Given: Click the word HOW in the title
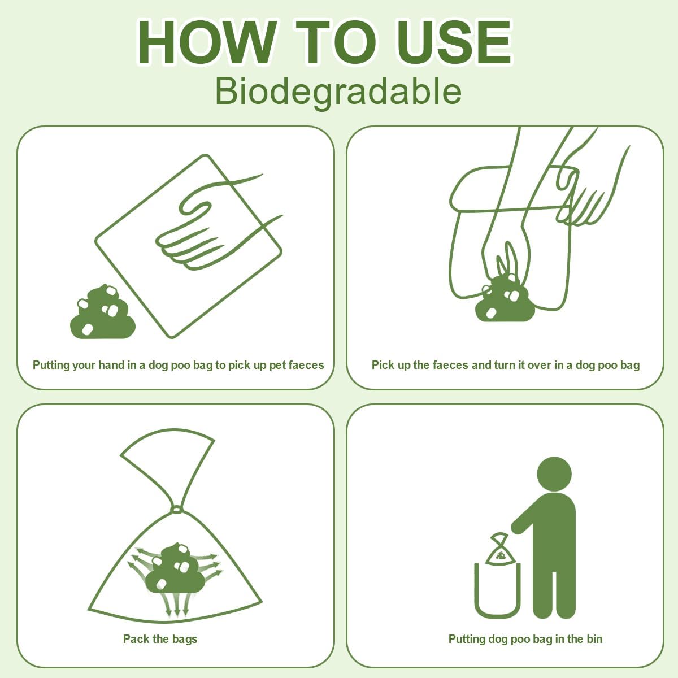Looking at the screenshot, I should click(206, 44).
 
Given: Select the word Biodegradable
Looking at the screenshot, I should click(338, 91).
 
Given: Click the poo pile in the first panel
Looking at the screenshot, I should click(102, 313).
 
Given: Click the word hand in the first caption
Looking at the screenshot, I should click(111, 365).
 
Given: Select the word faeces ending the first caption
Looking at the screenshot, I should click(306, 365).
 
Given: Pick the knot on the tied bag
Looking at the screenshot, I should click(176, 510).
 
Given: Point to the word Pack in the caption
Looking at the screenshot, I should click(136, 639).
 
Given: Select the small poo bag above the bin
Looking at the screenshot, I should click(499, 550).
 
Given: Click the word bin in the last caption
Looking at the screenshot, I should click(594, 639).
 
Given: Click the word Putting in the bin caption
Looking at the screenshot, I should click(467, 639).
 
